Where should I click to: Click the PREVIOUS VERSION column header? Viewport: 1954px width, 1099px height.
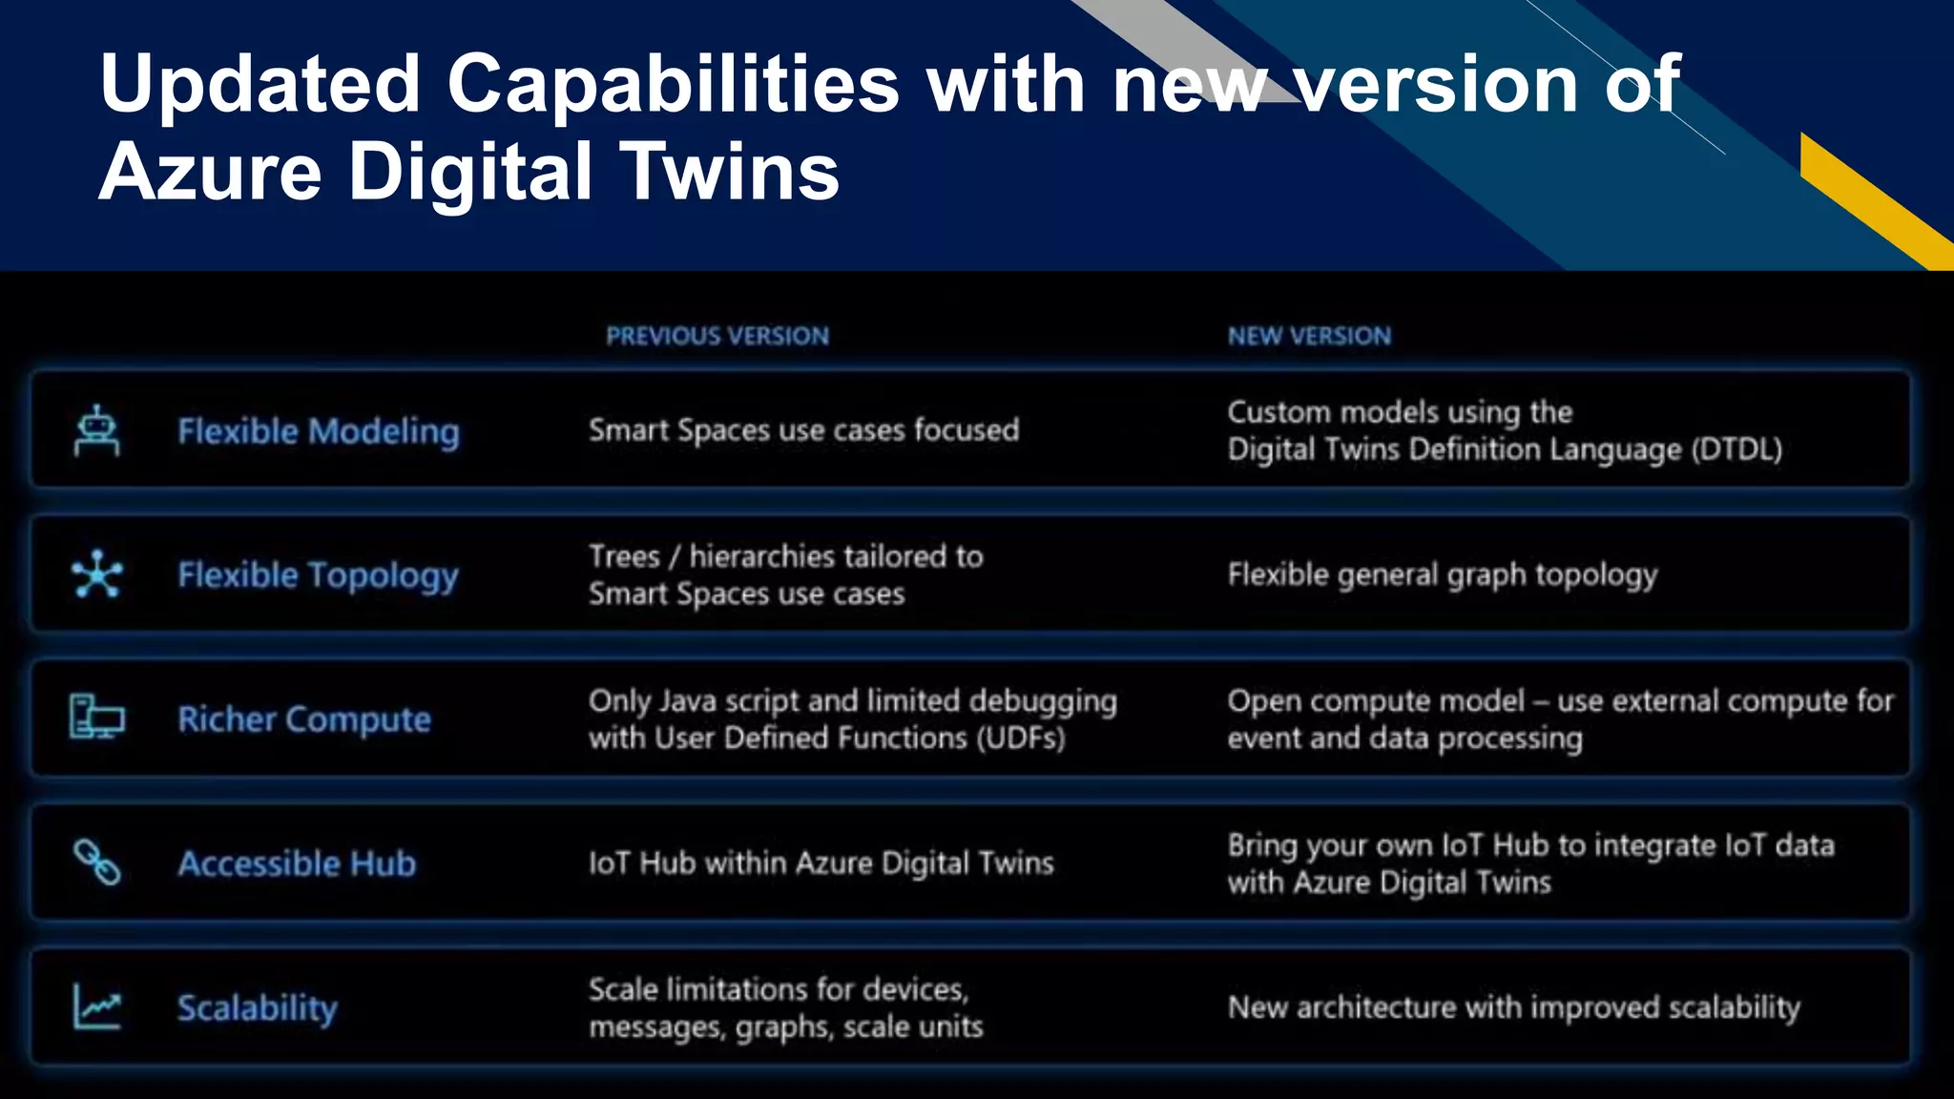coord(717,336)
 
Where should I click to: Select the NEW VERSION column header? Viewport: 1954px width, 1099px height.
coord(1309,336)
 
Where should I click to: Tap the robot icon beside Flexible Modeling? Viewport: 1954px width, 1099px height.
coord(96,430)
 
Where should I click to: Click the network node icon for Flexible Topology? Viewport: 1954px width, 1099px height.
coord(97,574)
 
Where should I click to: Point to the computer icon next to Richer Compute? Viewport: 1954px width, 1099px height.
coord(97,717)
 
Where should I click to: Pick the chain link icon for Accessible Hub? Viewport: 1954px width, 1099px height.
coord(97,862)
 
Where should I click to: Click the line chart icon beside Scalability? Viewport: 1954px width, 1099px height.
coord(97,1006)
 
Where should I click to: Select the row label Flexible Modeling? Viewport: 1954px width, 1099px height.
coord(319,431)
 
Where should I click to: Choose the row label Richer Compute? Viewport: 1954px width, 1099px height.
coord(304,719)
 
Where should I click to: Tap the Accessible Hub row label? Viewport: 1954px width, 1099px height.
coord(297,863)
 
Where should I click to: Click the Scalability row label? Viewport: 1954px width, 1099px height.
coord(258,1008)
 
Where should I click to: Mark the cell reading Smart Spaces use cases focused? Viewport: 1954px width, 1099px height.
coord(803,430)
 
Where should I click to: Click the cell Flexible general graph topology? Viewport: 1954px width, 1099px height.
coord(1442,575)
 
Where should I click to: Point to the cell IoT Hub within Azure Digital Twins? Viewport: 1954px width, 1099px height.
coord(821,863)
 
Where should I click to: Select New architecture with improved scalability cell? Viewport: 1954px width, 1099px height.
coord(1513,1007)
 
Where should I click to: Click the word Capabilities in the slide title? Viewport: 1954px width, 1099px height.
coord(673,84)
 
